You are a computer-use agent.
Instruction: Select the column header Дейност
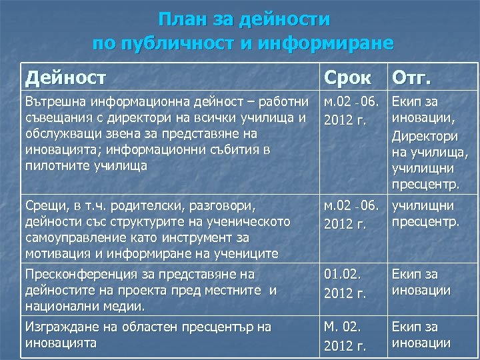point(65,78)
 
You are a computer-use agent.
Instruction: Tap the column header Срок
point(347,78)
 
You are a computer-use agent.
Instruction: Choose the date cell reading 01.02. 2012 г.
point(345,282)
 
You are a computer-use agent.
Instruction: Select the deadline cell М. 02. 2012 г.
point(345,336)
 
